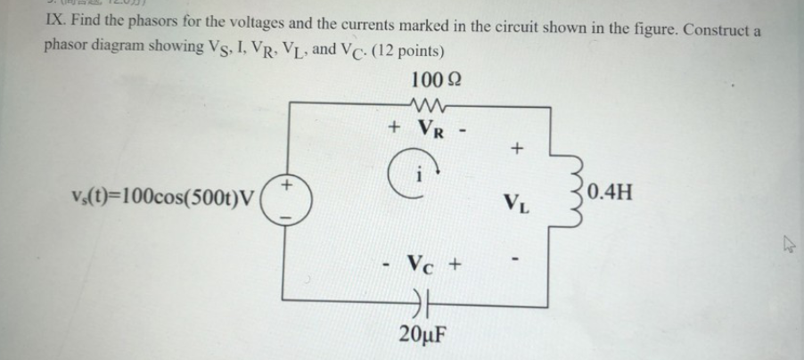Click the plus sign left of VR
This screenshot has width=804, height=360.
[x=393, y=127]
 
